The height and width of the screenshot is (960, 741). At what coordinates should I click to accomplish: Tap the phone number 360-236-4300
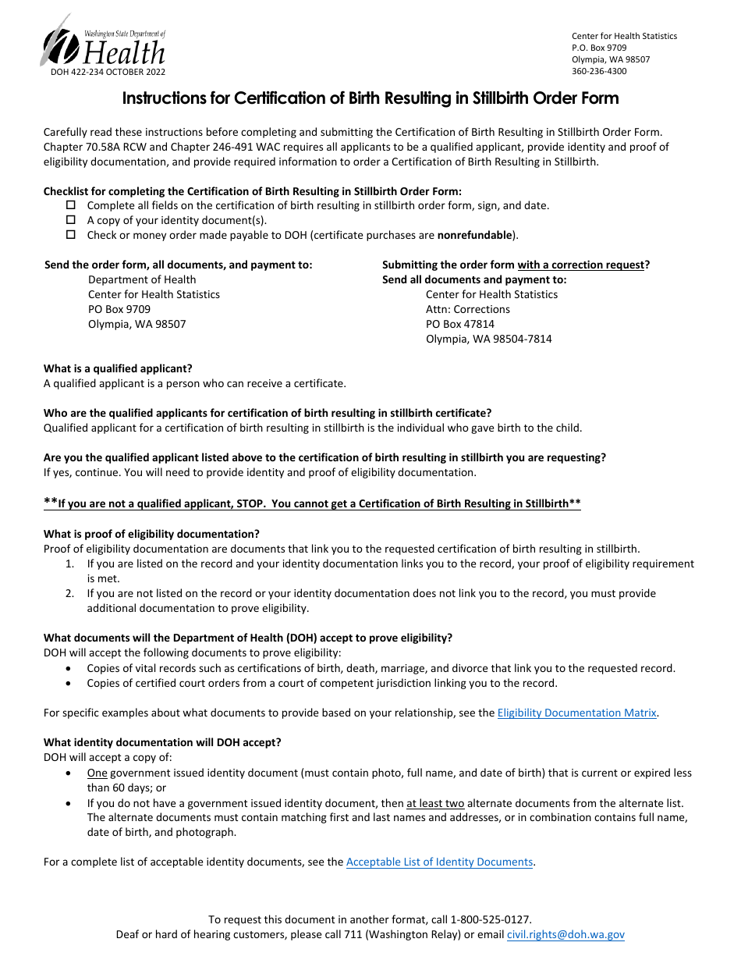(x=599, y=71)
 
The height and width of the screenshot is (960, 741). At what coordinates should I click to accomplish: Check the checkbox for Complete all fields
(x=71, y=205)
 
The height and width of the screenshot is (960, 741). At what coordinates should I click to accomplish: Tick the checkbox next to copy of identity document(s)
(x=71, y=220)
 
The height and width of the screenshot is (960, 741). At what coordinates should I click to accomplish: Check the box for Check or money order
(x=71, y=235)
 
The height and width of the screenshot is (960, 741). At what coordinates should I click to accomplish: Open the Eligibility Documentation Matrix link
(x=576, y=713)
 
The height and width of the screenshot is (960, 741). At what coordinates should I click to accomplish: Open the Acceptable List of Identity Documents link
(x=439, y=862)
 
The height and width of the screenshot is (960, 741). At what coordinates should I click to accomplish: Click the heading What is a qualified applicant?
(x=118, y=368)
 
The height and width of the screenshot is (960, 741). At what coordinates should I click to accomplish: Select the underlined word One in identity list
(x=97, y=773)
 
